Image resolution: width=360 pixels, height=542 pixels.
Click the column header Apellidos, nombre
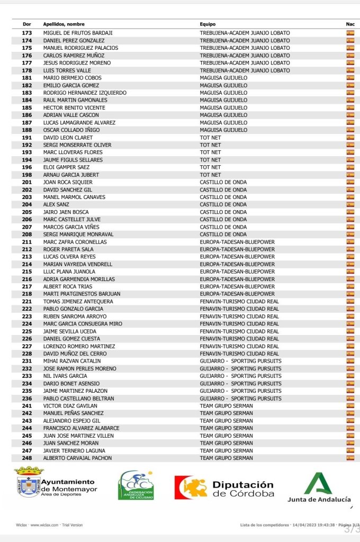[x=64, y=24]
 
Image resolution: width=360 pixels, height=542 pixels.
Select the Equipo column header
[x=208, y=24]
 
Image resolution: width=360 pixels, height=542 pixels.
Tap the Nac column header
[x=350, y=24]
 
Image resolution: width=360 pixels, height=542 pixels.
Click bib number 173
[x=27, y=33]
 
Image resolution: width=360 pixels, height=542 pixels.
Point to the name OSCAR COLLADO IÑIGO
[x=71, y=130]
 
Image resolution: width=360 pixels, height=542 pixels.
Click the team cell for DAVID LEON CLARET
[x=210, y=138]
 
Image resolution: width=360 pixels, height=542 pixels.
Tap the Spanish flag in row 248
[x=350, y=458]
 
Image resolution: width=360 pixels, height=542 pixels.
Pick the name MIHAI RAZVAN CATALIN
[x=72, y=361]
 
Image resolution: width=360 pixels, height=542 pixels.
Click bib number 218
[x=27, y=294]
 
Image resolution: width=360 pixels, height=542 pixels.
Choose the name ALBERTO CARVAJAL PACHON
[x=77, y=458]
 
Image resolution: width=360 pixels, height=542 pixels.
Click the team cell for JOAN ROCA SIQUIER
[x=223, y=182]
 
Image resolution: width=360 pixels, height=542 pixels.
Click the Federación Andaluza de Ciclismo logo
[x=136, y=485]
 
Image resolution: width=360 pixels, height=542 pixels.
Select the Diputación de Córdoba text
[x=243, y=489]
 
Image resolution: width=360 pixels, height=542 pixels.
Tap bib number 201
[x=27, y=182]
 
